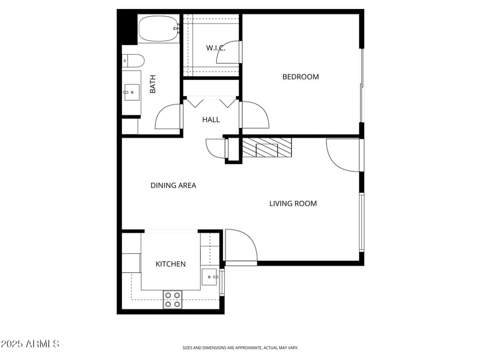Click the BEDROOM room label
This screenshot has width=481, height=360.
coord(301,77)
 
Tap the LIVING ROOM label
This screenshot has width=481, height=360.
coord(293,204)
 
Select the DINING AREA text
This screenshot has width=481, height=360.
coord(173,186)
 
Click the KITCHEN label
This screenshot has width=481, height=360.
coord(171,264)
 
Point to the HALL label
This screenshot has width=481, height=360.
coord(211,120)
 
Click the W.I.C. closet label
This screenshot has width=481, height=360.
coord(215,48)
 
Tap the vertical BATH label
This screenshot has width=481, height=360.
coord(153,84)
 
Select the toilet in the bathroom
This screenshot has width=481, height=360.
coord(133,61)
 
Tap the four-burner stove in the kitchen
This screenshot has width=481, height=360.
coord(173,299)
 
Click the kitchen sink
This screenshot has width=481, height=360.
coord(209,277)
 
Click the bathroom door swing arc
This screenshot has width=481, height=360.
coord(168,117)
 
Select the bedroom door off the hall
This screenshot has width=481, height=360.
coord(254,115)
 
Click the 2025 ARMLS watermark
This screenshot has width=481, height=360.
coord(30,344)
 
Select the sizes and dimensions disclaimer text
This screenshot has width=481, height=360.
coord(240,347)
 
